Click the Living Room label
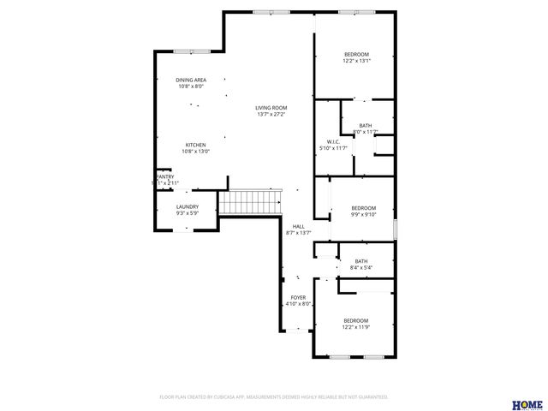click(271, 107)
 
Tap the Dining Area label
click(191, 80)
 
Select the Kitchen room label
click(196, 145)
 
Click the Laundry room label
click(188, 206)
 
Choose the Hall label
click(298, 226)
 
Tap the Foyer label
click(298, 297)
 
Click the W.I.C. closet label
click(334, 141)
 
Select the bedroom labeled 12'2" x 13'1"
click(356, 54)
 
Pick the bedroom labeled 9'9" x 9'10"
click(363, 208)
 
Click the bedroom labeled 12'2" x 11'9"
click(356, 321)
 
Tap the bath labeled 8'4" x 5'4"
click(361, 261)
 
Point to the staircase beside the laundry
click(250, 203)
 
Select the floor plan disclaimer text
click(274, 397)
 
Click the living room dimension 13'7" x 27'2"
click(271, 114)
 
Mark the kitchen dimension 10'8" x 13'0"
click(196, 152)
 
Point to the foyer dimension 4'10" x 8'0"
click(298, 304)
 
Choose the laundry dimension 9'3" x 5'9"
click(188, 213)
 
